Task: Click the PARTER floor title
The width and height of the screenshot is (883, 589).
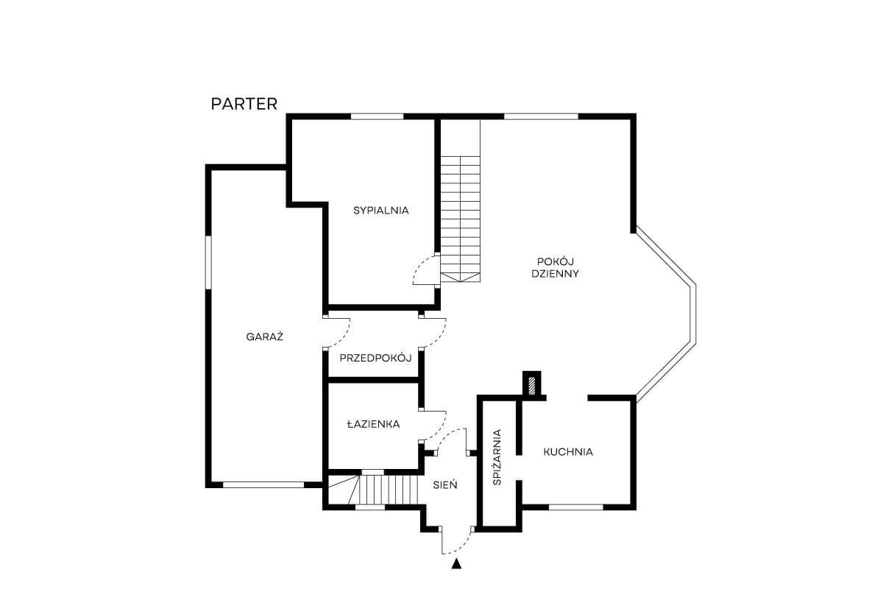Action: (244, 104)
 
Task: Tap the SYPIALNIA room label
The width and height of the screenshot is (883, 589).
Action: (381, 211)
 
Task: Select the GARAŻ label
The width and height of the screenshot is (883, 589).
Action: (264, 336)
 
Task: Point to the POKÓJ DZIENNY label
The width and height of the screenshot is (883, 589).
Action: (555, 267)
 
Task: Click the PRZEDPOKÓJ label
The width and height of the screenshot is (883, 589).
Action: (375, 358)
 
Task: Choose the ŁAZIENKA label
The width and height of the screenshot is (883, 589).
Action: (373, 424)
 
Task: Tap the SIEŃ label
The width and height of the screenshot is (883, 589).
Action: (445, 485)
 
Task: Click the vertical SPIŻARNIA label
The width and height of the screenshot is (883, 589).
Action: (497, 457)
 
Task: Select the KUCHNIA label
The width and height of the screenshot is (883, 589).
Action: (568, 452)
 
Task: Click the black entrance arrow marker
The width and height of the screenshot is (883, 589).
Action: (456, 564)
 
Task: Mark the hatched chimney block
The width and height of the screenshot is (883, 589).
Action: (532, 385)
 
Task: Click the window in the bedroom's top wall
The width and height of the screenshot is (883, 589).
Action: (377, 116)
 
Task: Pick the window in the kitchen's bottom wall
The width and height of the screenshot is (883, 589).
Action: (576, 507)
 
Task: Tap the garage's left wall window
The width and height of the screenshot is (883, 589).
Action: (208, 262)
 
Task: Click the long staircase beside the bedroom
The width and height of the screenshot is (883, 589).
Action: (461, 219)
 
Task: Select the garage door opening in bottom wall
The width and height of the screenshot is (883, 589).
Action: (263, 485)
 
